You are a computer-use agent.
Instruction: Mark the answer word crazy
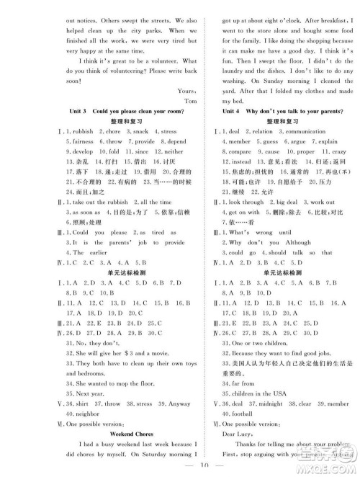point(339,152)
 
